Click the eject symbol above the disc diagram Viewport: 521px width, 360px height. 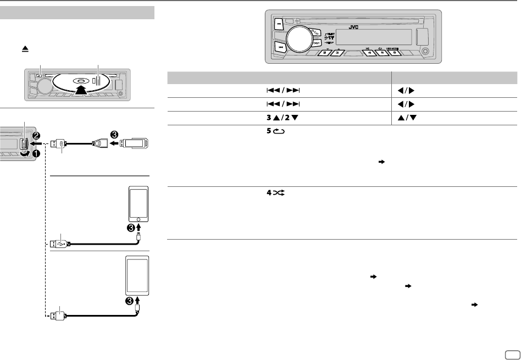[25, 49]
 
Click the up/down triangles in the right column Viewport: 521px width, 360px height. [404, 117]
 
